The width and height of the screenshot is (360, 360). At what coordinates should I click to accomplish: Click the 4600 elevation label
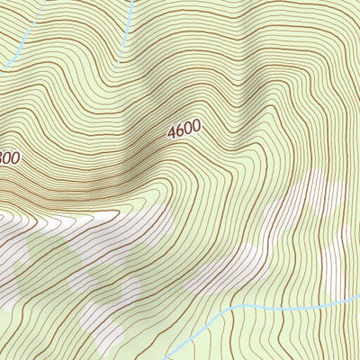[184, 130]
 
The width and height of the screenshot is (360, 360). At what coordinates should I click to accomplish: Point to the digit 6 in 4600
[179, 131]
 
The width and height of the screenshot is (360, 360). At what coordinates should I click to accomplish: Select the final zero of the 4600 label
[195, 126]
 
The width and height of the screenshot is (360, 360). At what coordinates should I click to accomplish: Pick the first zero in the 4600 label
[187, 129]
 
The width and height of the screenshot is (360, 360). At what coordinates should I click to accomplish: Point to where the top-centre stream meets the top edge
[132, 1]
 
